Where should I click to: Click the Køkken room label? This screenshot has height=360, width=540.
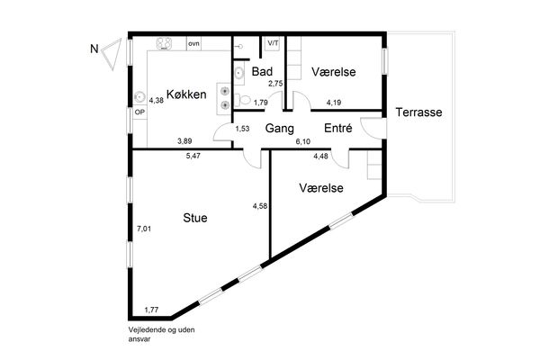tap(186, 94)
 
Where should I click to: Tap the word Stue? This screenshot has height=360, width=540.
tap(195, 218)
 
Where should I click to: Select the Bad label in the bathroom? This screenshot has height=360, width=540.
tap(262, 72)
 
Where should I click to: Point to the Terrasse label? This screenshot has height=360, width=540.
tap(418, 112)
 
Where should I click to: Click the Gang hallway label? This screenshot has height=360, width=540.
tap(280, 129)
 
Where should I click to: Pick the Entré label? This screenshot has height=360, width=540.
tap(338, 128)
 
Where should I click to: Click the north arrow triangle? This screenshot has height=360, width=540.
tap(113, 53)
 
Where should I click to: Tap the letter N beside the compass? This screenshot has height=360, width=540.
tap(94, 49)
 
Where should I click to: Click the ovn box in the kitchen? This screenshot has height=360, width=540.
tap(193, 44)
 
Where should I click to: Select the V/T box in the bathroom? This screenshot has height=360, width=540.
tap(274, 43)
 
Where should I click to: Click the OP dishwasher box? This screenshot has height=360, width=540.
tap(139, 112)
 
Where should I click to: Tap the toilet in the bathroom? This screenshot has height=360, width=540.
tap(243, 100)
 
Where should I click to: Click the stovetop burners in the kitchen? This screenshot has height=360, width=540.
tap(165, 43)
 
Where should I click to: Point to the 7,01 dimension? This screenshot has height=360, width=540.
tap(144, 229)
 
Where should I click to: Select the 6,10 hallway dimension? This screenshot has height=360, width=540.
tap(303, 141)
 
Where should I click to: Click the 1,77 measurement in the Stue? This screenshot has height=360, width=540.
tap(151, 310)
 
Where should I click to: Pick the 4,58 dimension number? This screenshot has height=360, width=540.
tap(260, 206)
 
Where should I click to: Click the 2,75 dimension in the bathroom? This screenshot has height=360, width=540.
tap(276, 84)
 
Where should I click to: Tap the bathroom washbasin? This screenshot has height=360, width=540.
tap(239, 73)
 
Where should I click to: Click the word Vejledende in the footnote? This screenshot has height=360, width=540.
tap(147, 329)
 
